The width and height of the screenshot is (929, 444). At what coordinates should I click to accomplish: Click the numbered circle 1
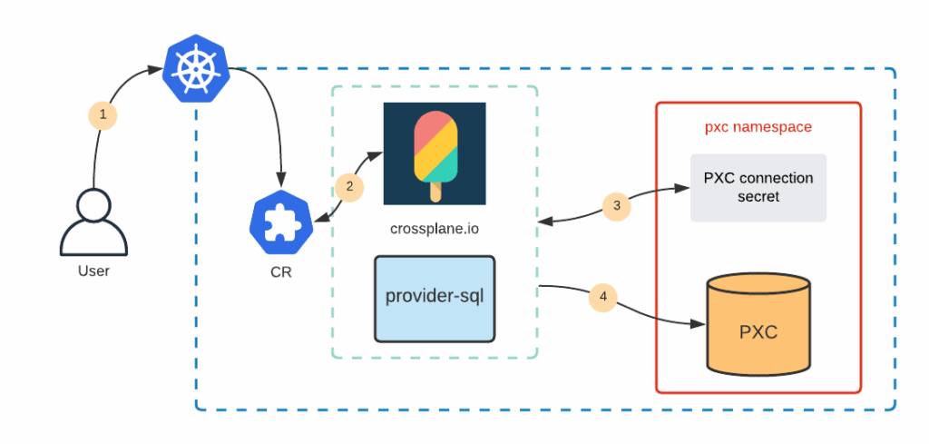point(103,115)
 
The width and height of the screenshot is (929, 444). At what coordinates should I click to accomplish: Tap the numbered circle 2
point(348,187)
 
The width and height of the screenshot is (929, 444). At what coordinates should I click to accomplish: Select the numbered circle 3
point(617,205)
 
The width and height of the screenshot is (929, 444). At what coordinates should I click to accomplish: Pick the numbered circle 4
point(602,296)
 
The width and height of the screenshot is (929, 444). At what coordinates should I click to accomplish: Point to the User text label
point(94,271)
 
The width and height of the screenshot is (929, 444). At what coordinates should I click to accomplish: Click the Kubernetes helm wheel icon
point(194,69)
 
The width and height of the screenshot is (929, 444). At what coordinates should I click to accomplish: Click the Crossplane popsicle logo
point(434,153)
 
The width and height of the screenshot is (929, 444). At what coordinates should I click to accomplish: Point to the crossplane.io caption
point(434,228)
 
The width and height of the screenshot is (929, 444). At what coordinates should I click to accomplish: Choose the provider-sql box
point(435,298)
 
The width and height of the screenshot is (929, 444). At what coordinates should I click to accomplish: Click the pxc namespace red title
point(758,127)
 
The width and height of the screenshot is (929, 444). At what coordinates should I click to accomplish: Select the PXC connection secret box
point(758,187)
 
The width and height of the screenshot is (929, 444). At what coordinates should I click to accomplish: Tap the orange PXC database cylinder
point(758,328)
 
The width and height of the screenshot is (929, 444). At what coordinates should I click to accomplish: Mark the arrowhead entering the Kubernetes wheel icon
point(155,68)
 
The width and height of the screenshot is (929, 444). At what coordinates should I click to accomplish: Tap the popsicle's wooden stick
point(435,192)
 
